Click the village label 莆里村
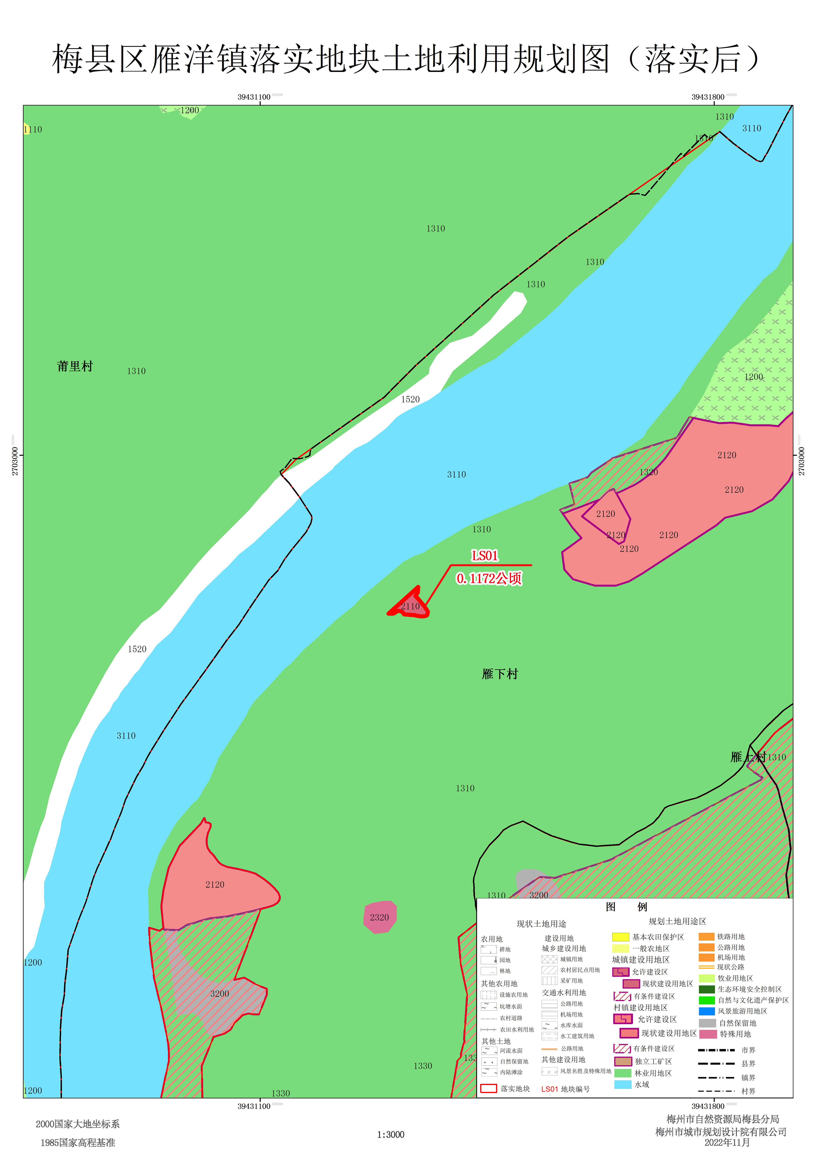coord(75,366)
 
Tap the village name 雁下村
coord(500,674)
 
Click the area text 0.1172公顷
coord(489,578)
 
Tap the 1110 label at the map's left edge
coord(33,129)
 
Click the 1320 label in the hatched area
coord(649,472)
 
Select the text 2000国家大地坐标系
coord(78,1124)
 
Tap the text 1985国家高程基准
coord(78,1142)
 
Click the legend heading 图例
coord(626,907)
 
